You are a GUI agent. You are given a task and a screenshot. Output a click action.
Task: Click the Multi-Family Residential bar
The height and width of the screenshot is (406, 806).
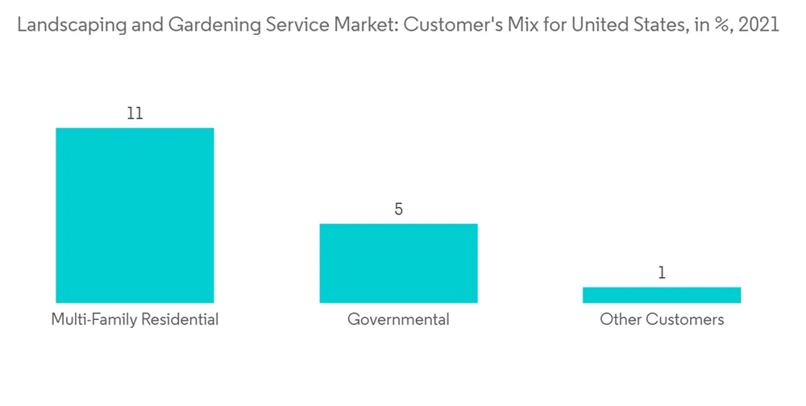(x=135, y=215)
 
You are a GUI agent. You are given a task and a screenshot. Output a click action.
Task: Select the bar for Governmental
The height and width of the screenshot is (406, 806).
(x=398, y=263)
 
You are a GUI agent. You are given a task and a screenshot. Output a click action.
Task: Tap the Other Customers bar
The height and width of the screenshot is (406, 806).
(x=662, y=295)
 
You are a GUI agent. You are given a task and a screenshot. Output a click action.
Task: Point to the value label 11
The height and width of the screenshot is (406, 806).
(x=135, y=114)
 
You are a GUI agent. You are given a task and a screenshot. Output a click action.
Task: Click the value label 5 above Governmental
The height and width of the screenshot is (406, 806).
(x=398, y=209)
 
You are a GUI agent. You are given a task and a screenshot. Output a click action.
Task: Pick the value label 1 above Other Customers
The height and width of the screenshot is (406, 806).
(x=662, y=273)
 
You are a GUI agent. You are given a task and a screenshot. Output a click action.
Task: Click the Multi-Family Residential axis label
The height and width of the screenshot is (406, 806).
(x=135, y=320)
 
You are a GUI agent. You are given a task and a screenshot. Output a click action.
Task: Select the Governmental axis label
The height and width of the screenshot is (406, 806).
(x=398, y=320)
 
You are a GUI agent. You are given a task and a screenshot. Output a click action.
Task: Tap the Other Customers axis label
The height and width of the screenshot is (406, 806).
(x=662, y=320)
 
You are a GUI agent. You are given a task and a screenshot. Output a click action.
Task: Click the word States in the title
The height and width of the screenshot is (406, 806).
(x=654, y=25)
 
